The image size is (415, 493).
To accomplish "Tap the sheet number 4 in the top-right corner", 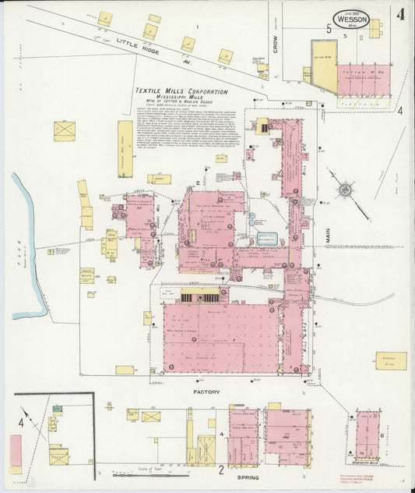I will (x=399, y=13).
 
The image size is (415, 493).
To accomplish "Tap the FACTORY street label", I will (x=207, y=392).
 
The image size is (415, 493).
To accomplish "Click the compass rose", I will (x=343, y=188).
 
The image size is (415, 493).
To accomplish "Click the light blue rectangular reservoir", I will (x=267, y=239).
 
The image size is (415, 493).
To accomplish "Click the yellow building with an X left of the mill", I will (x=64, y=130).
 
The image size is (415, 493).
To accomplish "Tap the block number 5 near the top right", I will (x=329, y=29).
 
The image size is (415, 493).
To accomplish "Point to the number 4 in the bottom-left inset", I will (x=21, y=424).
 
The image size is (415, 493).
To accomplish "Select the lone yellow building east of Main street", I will (x=391, y=360).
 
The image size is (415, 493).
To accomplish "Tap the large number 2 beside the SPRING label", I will (x=221, y=470).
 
